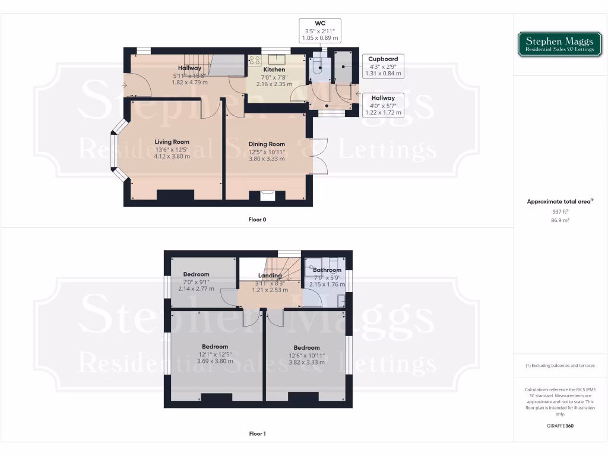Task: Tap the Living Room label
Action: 172,142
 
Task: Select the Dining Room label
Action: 267,144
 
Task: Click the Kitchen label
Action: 274,69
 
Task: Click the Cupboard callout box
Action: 383,66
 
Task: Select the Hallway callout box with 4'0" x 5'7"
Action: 383,105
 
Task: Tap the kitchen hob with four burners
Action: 255,60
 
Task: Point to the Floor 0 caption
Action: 257,220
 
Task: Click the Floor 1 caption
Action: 257,433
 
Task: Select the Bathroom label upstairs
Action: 327,270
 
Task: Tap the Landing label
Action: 270,275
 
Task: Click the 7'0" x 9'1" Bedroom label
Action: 196,281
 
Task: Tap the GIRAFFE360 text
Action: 560,426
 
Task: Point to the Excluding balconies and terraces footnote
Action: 560,366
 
